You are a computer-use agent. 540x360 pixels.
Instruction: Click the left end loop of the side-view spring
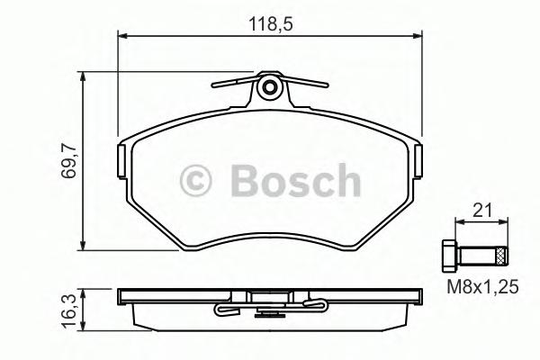220,312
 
